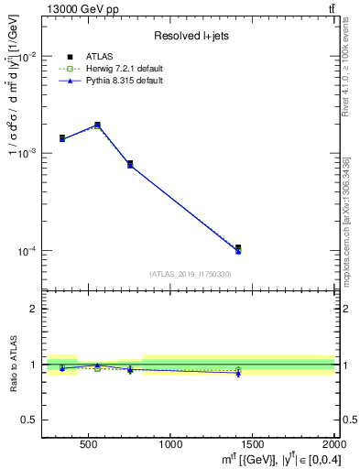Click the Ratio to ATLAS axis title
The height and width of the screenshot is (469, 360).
coord(13,365)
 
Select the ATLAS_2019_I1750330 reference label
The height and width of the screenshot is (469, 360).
coord(191,274)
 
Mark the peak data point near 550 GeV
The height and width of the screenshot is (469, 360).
coord(98,125)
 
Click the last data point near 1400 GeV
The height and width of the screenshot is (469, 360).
coord(238,248)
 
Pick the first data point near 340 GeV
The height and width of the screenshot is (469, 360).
coord(62,137)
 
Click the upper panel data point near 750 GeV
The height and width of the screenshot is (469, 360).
coord(130,164)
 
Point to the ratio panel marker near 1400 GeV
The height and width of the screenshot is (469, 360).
coord(238,371)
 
